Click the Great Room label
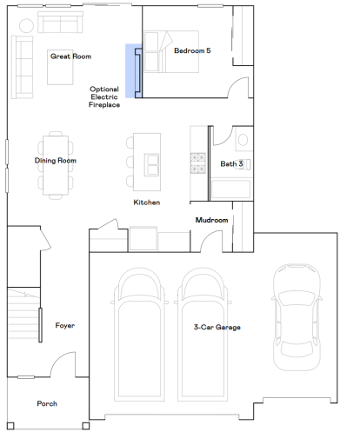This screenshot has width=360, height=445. tap(70, 56)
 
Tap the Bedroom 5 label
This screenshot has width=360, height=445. tap(192, 50)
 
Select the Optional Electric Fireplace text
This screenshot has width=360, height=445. tap(104, 96)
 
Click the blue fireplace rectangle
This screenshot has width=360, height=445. tap(134, 71)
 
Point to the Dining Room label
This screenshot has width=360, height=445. tap(56, 161)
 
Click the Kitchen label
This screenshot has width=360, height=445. tap(147, 203)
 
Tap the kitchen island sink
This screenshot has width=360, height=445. tap(152, 164)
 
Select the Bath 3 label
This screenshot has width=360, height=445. tap(231, 164)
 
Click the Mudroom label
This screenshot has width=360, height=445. tap(211, 220)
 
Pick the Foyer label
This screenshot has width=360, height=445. tap(65, 326)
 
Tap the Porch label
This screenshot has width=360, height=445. tap(47, 403)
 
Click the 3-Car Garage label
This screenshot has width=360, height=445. tap(217, 327)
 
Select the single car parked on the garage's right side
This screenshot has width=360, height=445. tap(297, 317)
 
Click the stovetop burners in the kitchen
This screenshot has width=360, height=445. tap(198, 163)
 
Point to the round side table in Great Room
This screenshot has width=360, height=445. tap(26, 25)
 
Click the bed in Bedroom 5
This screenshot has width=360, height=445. tap(171, 51)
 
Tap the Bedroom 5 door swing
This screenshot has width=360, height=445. tap(238, 87)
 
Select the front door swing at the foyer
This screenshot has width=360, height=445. tap(63, 364)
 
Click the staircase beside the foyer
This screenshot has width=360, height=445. tap(23, 314)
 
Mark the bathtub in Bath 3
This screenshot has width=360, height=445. tap(230, 189)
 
